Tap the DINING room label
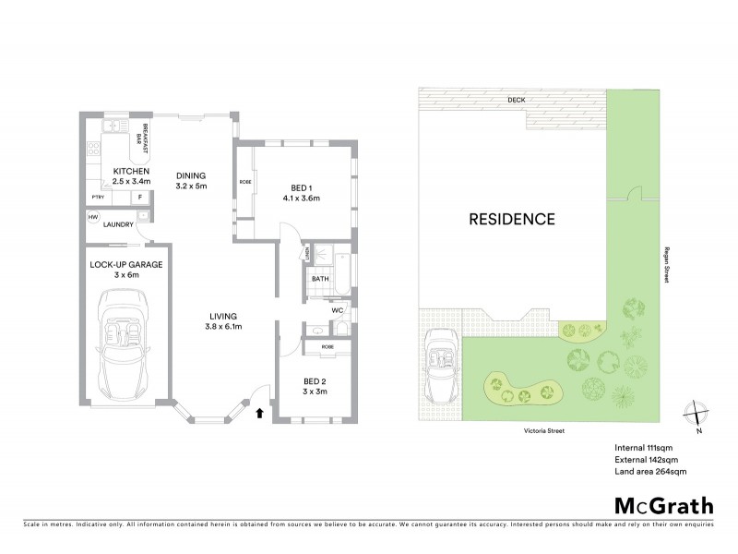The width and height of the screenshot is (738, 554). [191, 175]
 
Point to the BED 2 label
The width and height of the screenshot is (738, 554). [316, 381]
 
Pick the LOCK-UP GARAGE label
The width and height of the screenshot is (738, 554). [127, 264]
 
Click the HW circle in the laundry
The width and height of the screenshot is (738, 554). [93, 218]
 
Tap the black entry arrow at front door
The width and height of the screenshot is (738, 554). [260, 413]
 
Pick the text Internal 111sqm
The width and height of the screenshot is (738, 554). [645, 448]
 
